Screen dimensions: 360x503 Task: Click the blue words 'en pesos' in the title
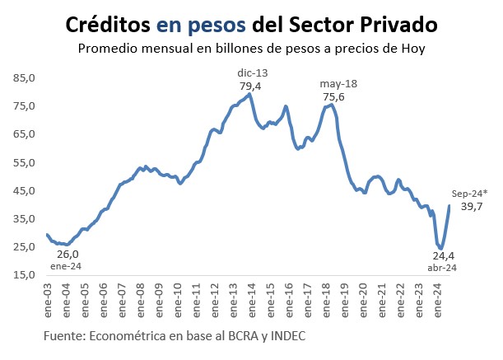[210, 22]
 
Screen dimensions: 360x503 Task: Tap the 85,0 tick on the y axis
[24, 78]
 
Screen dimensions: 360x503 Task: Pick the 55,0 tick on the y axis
[24, 162]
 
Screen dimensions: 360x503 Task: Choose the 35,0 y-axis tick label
[24, 218]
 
